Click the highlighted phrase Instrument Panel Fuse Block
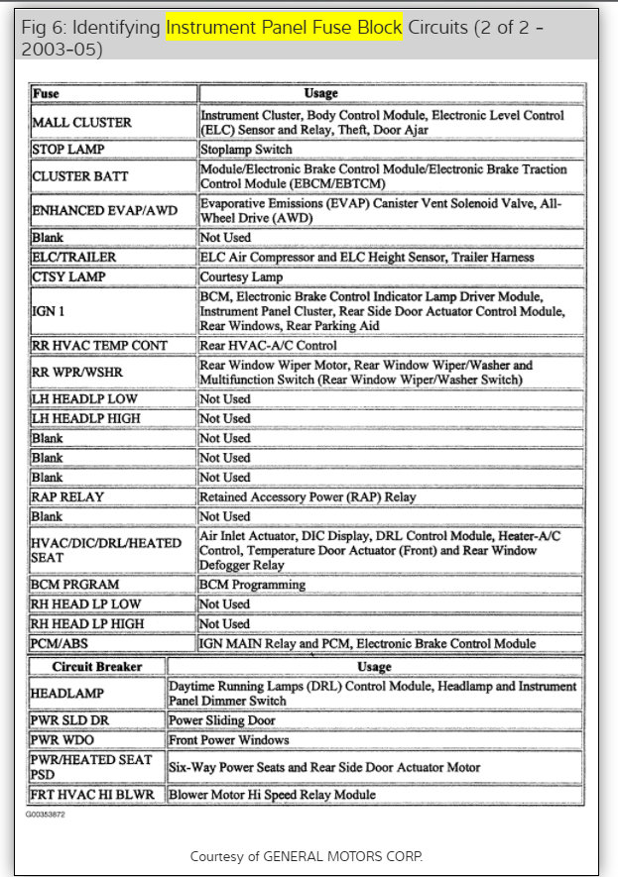tap(284, 29)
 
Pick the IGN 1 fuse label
tap(49, 311)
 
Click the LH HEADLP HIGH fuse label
tap(86, 418)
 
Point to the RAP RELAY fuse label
tap(68, 496)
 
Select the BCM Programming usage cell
tap(252, 585)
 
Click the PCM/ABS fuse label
tap(62, 644)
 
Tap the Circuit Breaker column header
tap(97, 667)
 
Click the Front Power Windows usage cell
tap(228, 740)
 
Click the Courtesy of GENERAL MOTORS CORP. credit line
tap(308, 855)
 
